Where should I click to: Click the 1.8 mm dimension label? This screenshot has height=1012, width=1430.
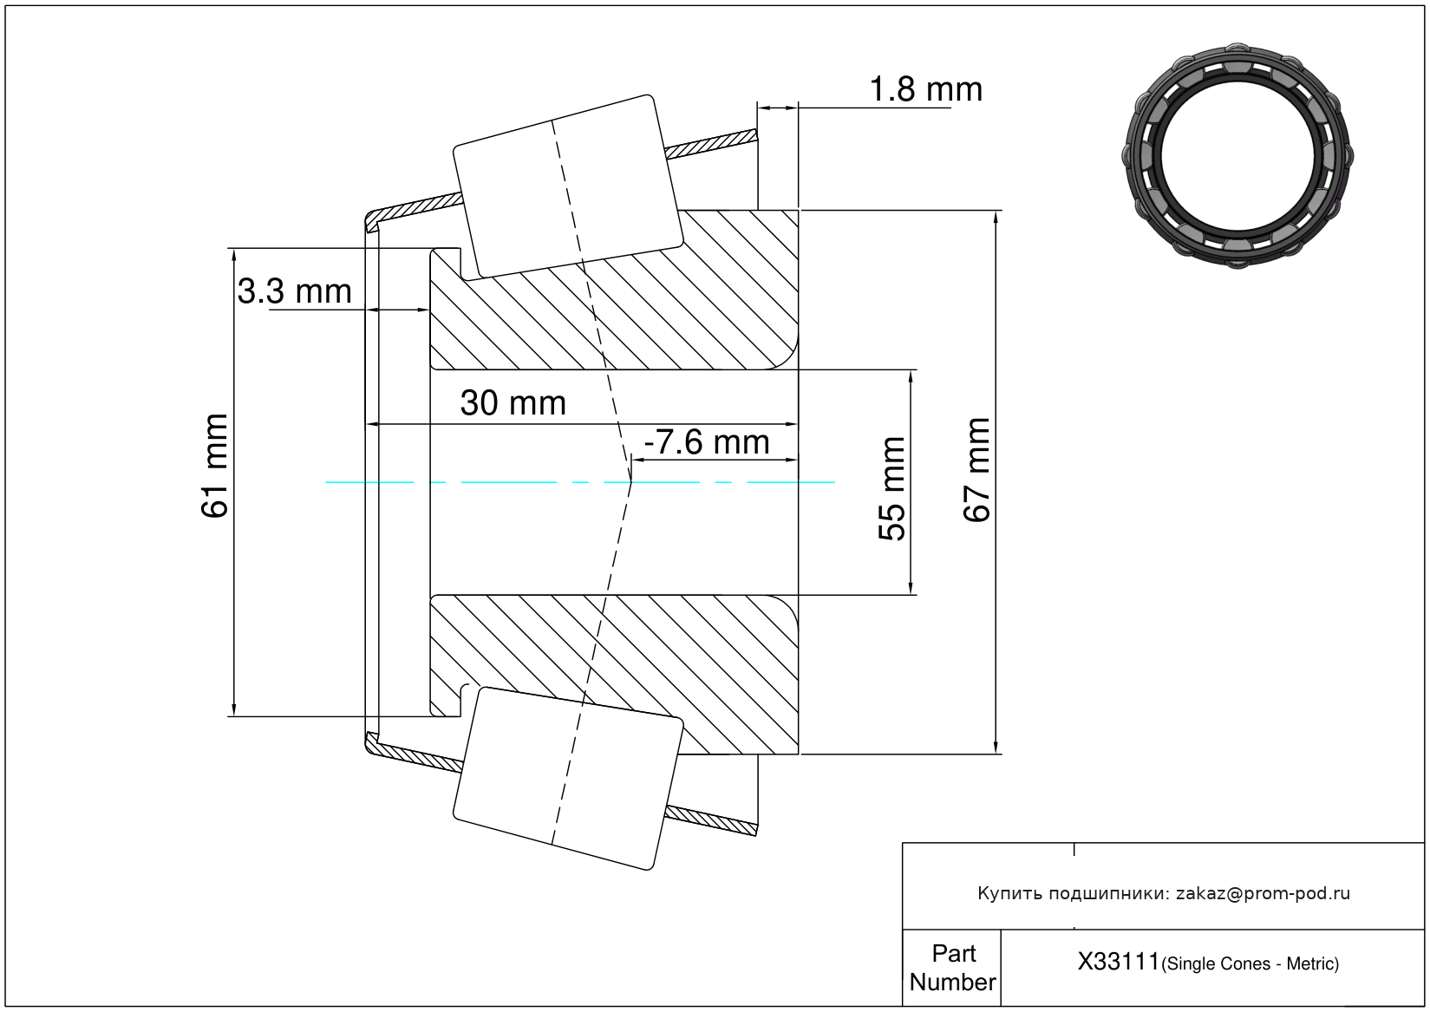(x=925, y=89)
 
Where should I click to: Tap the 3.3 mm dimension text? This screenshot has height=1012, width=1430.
(x=295, y=291)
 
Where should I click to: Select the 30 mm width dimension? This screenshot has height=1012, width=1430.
(x=513, y=403)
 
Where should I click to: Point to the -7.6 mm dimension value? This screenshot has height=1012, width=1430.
(x=707, y=442)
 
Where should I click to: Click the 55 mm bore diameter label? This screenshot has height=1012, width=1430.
(x=892, y=489)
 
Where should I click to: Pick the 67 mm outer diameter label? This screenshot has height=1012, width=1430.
(x=977, y=470)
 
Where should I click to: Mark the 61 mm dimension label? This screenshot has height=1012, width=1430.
(x=215, y=467)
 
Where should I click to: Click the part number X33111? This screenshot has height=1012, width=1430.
(x=1118, y=962)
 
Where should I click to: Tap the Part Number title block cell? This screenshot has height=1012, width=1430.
(x=952, y=968)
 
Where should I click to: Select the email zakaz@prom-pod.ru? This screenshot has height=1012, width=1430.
(x=1263, y=893)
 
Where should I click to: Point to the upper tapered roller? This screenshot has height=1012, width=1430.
(x=568, y=186)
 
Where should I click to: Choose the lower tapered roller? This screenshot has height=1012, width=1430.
(x=568, y=779)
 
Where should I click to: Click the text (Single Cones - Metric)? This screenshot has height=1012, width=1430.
(x=1250, y=963)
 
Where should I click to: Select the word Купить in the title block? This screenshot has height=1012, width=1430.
(x=1010, y=893)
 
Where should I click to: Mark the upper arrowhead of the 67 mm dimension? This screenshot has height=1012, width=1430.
(x=996, y=218)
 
